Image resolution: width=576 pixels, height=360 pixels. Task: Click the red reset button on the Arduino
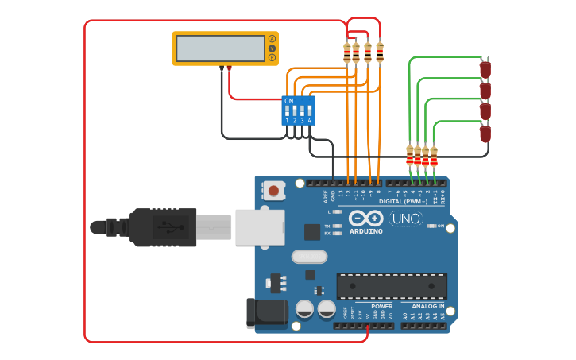273,191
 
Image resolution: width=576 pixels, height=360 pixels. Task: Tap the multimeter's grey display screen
220,48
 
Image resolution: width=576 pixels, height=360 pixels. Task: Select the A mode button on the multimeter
272,39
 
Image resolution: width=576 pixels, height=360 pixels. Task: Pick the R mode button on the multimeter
272,58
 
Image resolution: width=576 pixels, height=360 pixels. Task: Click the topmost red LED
485,70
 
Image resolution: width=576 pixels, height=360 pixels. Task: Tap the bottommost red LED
485,134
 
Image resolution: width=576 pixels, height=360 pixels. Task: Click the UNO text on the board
405,219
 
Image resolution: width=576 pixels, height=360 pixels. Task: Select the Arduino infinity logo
365,218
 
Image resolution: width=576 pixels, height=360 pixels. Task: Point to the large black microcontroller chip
392,286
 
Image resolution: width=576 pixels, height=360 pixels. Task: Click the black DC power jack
265,313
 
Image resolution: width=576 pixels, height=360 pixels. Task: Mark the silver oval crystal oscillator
309,256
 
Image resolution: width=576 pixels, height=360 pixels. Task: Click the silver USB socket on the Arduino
260,226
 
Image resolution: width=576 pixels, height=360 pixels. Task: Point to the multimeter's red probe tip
229,69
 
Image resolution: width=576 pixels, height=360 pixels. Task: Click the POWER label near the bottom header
381,306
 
